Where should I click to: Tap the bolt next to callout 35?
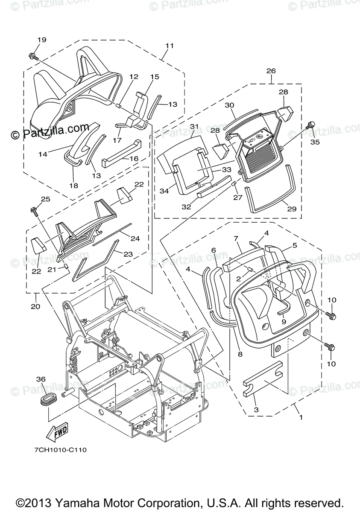[311, 125]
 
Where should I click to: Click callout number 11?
[170, 45]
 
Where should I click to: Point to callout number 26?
[271, 71]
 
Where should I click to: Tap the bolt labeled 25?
[34, 210]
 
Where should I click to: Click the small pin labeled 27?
[234, 183]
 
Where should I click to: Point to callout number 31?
[195, 127]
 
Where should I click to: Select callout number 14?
[43, 154]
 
